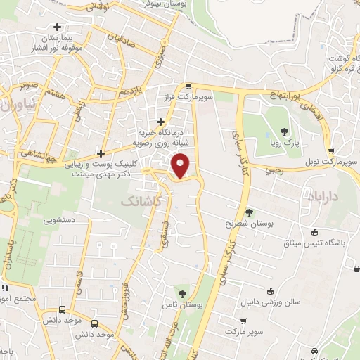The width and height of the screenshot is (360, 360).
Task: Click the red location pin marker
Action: [181, 165]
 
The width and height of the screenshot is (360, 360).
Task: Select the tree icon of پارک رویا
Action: [284, 131]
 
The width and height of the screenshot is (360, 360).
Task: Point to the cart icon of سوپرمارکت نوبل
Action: [331, 150]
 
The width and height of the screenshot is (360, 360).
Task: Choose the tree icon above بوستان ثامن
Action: [183, 293]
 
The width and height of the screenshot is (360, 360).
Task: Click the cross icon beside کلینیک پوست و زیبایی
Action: [102, 154]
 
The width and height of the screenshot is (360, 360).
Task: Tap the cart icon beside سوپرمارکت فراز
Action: [188, 86]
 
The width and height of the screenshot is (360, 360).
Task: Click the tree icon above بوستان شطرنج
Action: [249, 212]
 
